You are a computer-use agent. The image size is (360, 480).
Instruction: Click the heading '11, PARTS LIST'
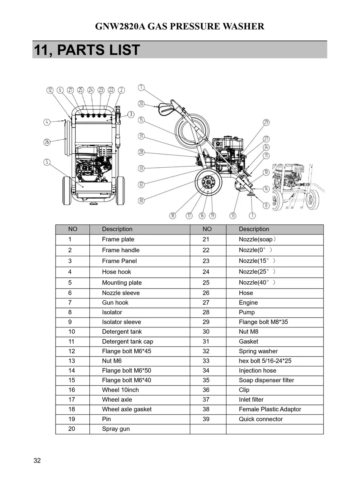point(87,50)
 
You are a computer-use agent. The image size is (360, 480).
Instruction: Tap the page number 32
point(37,461)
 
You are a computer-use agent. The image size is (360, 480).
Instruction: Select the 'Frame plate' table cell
point(118,239)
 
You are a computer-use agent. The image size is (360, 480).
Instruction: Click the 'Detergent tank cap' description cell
point(127,341)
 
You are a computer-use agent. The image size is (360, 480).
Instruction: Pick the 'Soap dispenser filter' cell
point(266,380)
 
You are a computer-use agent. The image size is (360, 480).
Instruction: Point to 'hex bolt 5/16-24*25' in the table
point(265,361)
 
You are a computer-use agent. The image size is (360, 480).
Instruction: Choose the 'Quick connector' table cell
point(261,419)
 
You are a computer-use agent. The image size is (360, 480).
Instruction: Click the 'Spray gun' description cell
point(116,429)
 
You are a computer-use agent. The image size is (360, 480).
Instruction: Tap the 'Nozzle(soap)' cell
point(257,239)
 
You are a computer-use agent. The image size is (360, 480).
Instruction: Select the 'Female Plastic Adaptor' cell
point(270,409)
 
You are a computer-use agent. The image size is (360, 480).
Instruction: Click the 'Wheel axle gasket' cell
point(126,409)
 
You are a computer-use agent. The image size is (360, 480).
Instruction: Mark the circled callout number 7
point(141,87)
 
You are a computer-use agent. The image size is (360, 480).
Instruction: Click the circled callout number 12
point(50,90)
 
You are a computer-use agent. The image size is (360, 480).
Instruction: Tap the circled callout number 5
point(47,162)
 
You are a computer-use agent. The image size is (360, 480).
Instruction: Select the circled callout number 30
point(141,201)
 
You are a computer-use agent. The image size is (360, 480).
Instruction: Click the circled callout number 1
point(252,216)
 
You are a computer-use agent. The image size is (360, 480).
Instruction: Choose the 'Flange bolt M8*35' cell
point(263,322)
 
